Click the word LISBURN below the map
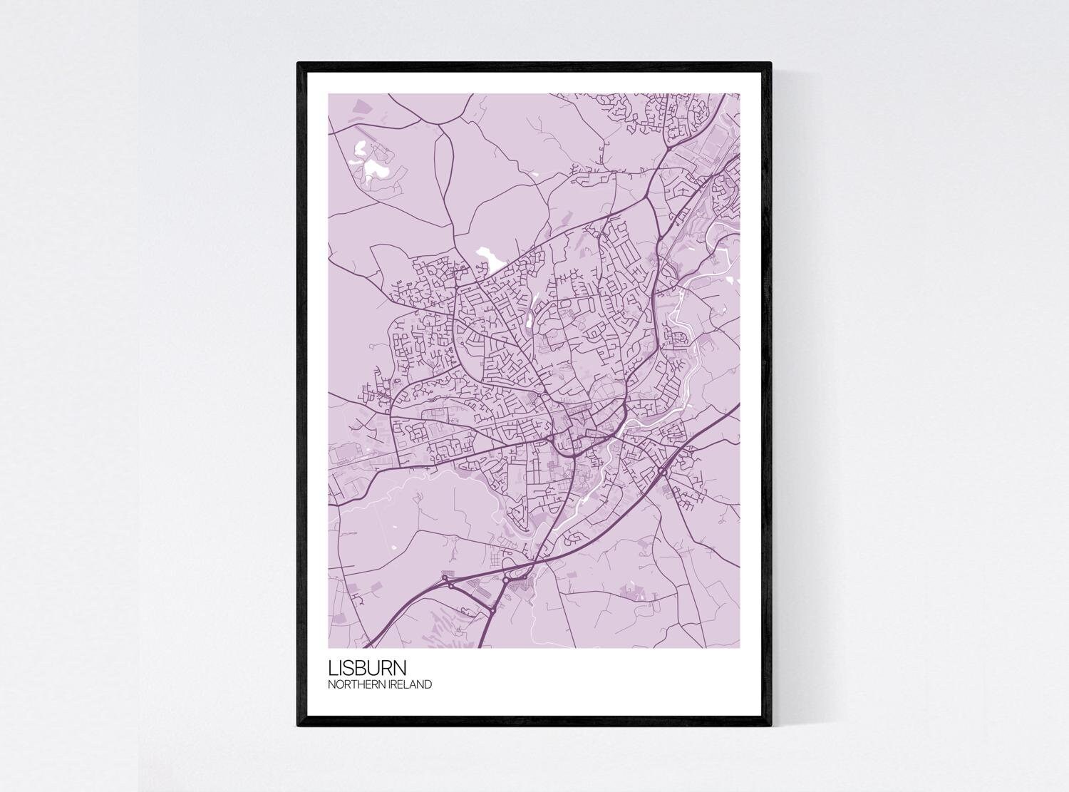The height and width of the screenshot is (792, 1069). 367,669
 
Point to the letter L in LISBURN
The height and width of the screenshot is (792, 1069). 332,669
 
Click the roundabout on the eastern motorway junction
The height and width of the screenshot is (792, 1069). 662,472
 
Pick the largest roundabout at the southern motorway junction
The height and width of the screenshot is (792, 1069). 505,581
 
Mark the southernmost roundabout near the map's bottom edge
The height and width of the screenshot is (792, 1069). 492,611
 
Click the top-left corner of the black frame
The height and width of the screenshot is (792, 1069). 299,64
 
